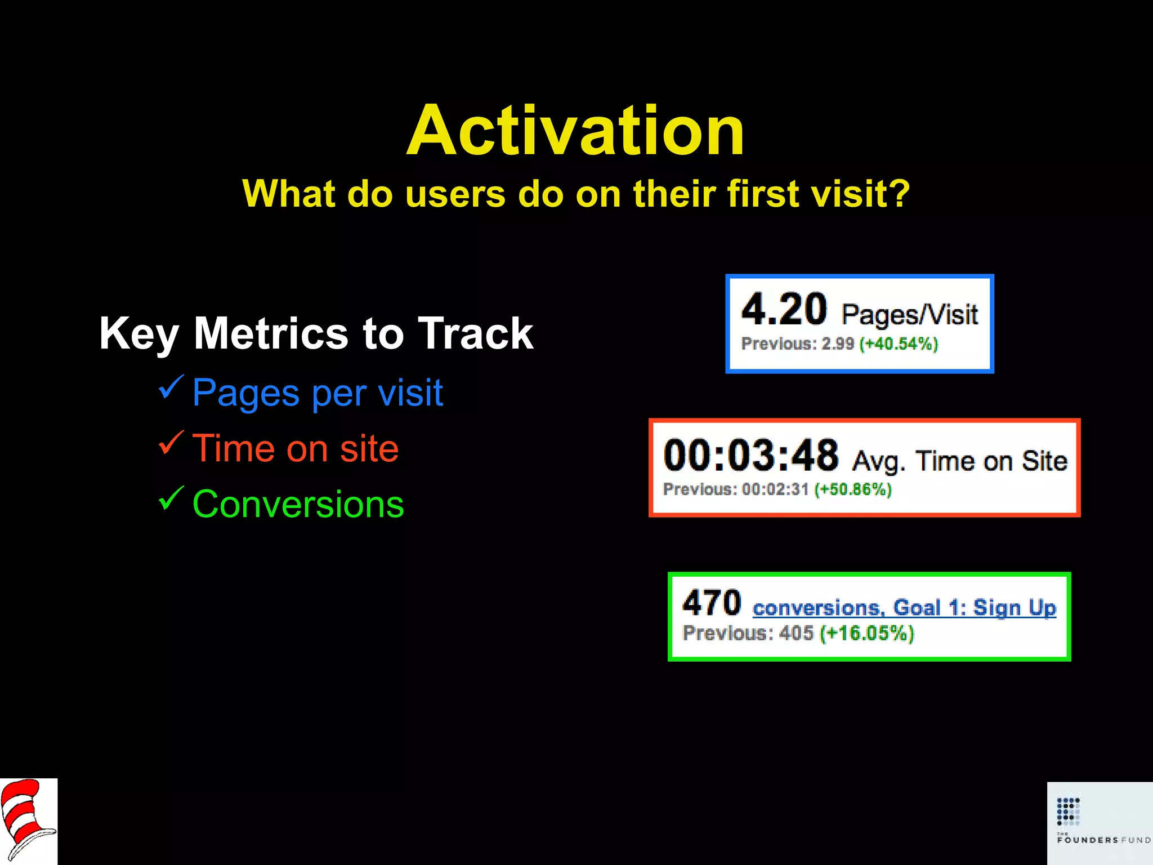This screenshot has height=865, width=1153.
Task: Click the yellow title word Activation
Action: tap(575, 131)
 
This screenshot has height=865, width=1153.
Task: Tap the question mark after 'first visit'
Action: tap(899, 193)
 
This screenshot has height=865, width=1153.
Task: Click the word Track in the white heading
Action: tap(475, 333)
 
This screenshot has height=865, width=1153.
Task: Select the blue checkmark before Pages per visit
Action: tap(171, 387)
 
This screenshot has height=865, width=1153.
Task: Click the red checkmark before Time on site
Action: tap(171, 443)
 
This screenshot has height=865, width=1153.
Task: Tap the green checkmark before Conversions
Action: tap(171, 498)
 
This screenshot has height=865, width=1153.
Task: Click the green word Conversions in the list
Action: tap(298, 504)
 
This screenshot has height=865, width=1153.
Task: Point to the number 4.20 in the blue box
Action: tap(784, 310)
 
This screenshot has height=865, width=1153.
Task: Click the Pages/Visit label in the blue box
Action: tap(909, 314)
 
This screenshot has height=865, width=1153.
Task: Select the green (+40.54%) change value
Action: tap(899, 344)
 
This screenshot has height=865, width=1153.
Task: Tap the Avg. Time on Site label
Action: tap(959, 461)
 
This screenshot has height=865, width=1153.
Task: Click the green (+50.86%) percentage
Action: tap(853, 489)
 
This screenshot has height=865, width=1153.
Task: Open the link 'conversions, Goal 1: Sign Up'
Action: tap(904, 608)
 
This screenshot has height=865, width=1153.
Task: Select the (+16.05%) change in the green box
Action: tap(866, 633)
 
